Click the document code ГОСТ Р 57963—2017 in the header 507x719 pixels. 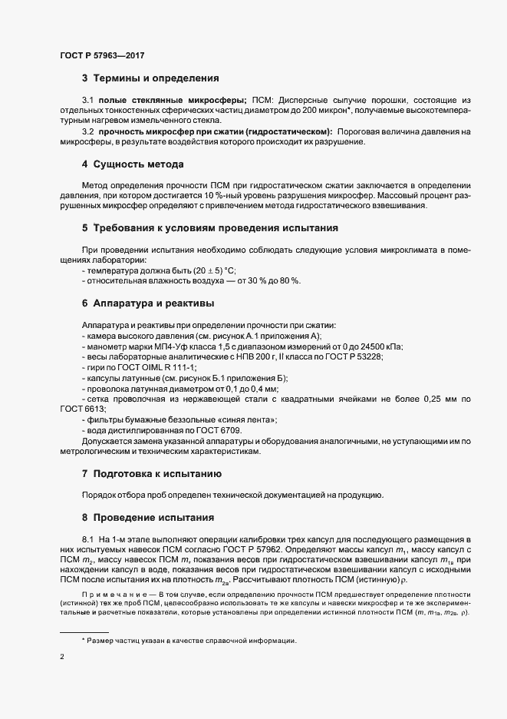[101, 56]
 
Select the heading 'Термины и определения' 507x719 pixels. [156, 78]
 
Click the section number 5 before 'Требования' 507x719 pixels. [85, 229]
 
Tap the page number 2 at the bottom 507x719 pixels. [62, 658]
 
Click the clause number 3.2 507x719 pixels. [87, 131]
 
